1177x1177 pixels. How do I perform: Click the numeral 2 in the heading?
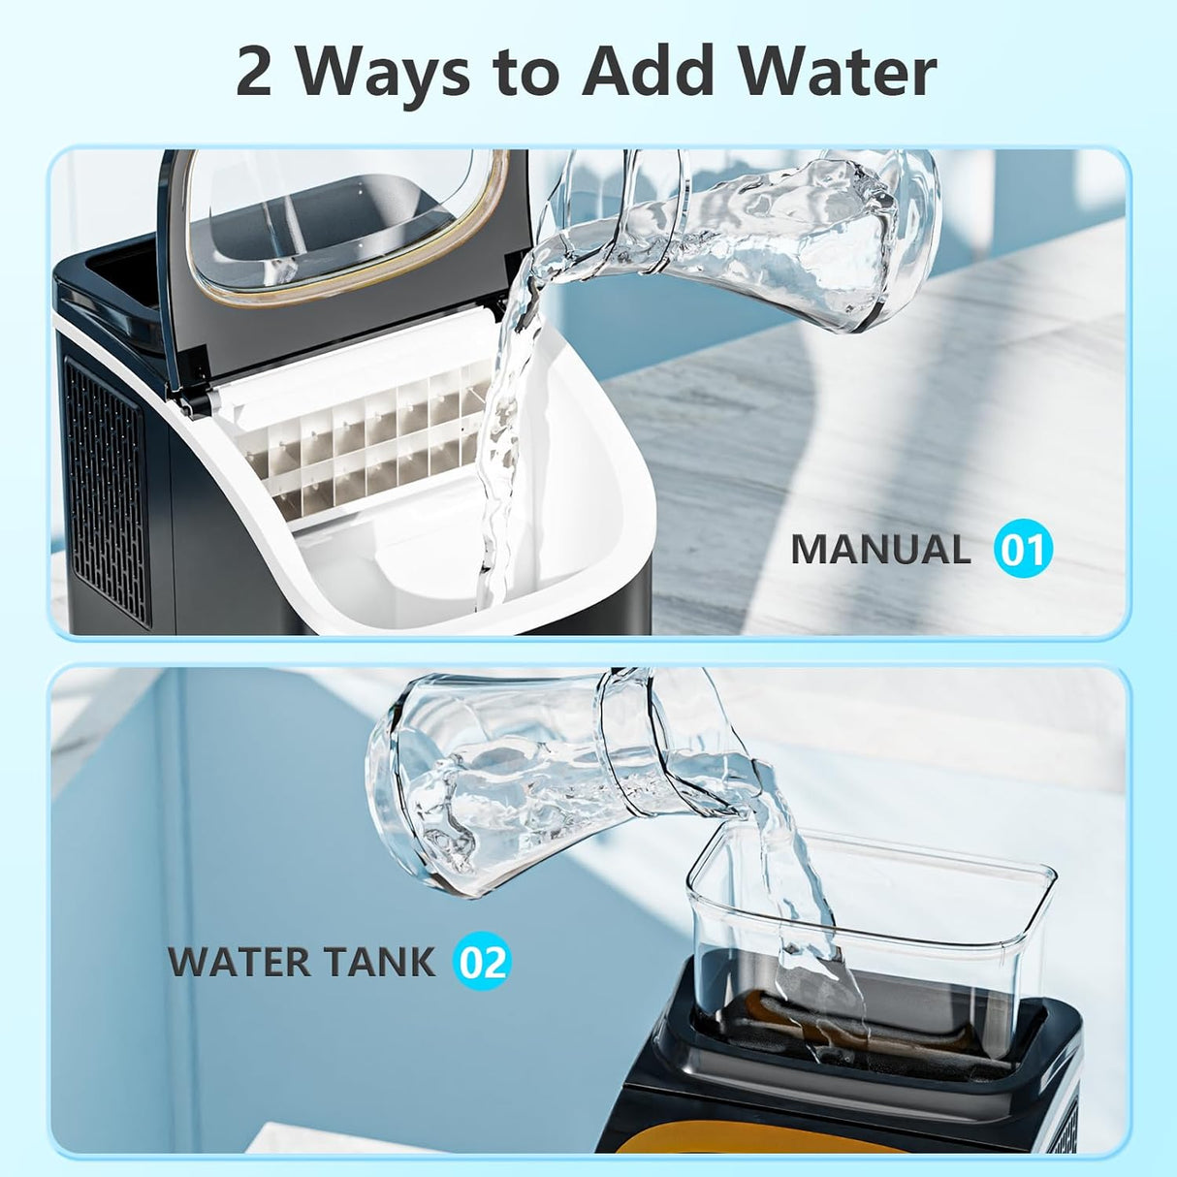pos(254,72)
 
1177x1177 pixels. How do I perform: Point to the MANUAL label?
pos(880,550)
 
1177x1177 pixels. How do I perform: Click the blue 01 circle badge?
pos(1023,550)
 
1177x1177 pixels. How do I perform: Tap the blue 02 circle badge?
pos(482,962)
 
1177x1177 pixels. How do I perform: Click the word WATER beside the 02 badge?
pos(239,962)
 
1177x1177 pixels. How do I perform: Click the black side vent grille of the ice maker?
pos(107,490)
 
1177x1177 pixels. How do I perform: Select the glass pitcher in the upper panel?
pos(776,233)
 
